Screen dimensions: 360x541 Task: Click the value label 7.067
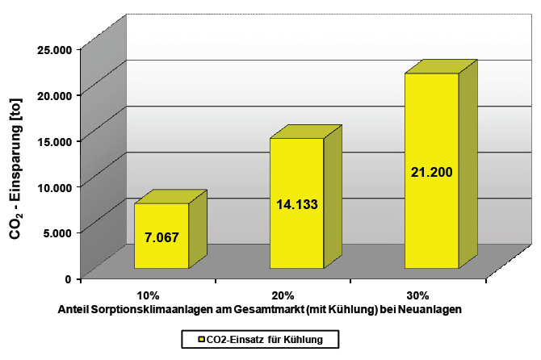coord(161,237)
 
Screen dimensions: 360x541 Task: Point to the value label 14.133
coord(296,204)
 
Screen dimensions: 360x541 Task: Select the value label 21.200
coord(431,172)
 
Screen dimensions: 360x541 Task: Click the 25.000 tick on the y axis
coord(55,49)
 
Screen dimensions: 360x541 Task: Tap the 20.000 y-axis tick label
coord(55,95)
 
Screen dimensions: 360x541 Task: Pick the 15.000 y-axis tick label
coord(55,141)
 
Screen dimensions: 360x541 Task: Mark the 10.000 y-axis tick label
coord(55,186)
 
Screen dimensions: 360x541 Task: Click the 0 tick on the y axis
coord(69,278)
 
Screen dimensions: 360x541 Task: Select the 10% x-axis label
coord(149,295)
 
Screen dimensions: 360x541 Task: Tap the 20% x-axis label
coord(283,295)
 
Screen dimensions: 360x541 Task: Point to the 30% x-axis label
coord(417,295)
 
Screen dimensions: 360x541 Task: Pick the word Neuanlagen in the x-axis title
coord(432,309)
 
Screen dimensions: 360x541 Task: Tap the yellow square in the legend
coord(189,340)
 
